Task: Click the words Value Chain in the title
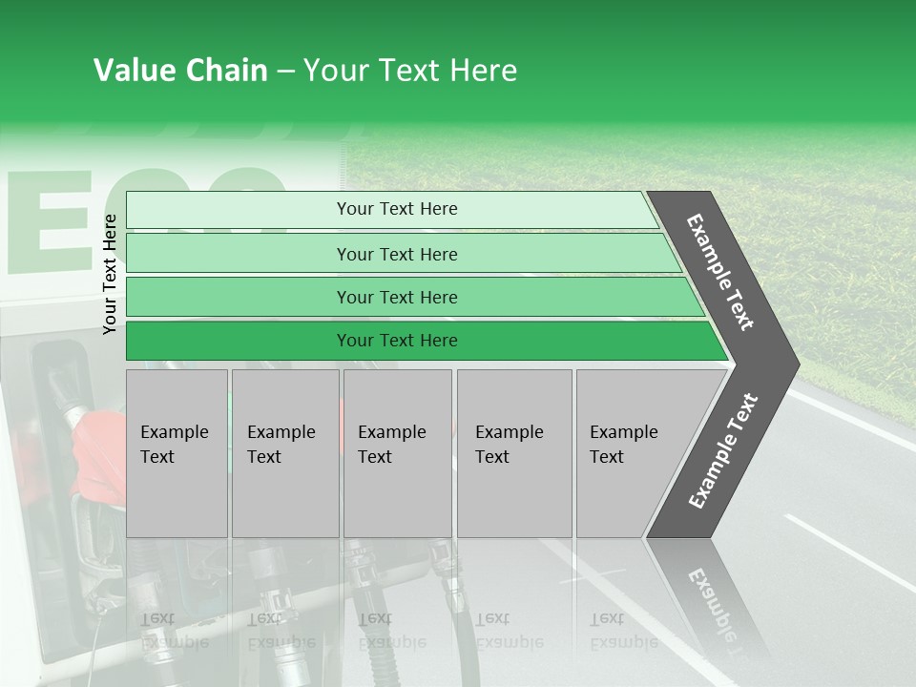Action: (x=180, y=71)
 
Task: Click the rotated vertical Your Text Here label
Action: (x=110, y=274)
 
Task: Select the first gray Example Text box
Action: (x=177, y=453)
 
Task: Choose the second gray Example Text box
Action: (x=285, y=453)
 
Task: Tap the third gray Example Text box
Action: (x=397, y=453)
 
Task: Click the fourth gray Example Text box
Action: (x=514, y=453)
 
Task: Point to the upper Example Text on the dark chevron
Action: (x=720, y=272)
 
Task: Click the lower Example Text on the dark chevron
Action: (x=722, y=451)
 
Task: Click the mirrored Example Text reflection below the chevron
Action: (x=711, y=601)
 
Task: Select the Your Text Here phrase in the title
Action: (x=410, y=71)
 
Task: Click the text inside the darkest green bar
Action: (x=397, y=341)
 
